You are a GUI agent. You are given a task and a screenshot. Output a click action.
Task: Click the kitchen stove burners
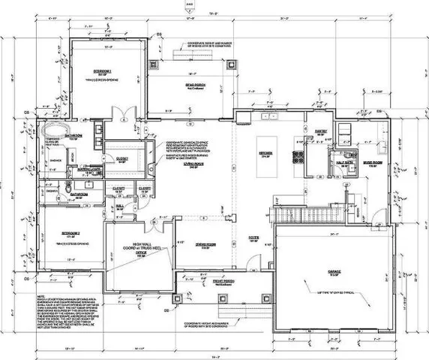[298, 157]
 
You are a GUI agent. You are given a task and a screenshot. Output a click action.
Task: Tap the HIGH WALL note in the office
[142, 247]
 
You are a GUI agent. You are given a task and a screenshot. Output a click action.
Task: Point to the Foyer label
[253, 240]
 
